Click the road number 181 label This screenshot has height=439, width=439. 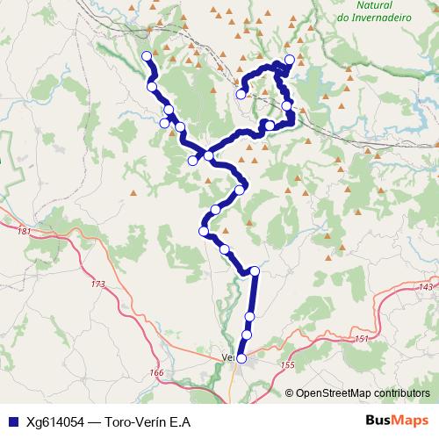[x=24, y=231]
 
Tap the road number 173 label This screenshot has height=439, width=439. [x=97, y=284]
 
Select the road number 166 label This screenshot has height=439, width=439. [x=157, y=373]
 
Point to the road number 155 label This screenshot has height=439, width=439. [x=287, y=364]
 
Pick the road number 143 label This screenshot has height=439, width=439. [x=427, y=287]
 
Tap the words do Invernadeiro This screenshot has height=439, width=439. [x=375, y=17]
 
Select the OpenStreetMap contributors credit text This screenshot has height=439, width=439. [x=362, y=393]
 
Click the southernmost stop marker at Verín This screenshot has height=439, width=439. [x=241, y=358]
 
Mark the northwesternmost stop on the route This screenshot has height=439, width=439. [x=146, y=57]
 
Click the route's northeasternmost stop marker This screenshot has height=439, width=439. [x=290, y=60]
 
